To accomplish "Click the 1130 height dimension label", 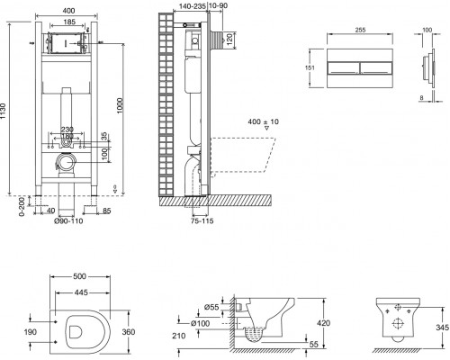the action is pos(3,112).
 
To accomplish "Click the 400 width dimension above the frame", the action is pos(68,11).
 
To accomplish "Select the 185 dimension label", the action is pos(69,22).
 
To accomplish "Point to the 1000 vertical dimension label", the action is pos(120,105).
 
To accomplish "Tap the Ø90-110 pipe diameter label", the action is pos(68,221).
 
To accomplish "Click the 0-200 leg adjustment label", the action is pos(22,207).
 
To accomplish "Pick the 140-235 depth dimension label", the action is pos(192,6).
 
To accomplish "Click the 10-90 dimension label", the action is pos(218,5).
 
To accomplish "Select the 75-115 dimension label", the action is pos(202,221).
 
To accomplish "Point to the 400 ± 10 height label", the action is pos(263,121).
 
